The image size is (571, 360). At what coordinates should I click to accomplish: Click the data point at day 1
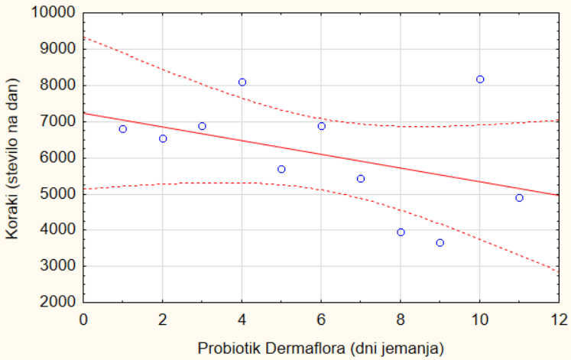(x=123, y=129)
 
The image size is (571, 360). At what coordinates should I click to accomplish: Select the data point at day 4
(x=242, y=82)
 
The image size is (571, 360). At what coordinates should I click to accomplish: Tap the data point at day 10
(x=480, y=79)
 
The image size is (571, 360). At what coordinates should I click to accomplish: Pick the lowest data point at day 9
(x=440, y=243)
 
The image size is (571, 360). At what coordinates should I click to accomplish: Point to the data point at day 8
(x=401, y=232)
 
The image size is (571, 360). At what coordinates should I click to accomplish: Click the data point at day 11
(x=520, y=198)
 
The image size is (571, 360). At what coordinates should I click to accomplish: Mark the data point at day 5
(x=281, y=169)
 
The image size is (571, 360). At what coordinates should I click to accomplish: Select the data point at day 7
(x=361, y=179)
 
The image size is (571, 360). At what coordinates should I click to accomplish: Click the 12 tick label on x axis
(x=559, y=318)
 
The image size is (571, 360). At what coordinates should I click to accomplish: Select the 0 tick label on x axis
(x=83, y=318)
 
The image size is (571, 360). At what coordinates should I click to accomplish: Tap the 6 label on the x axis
(x=321, y=318)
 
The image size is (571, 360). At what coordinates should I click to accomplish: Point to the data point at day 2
(x=163, y=138)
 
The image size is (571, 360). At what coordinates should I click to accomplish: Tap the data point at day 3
(x=203, y=126)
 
